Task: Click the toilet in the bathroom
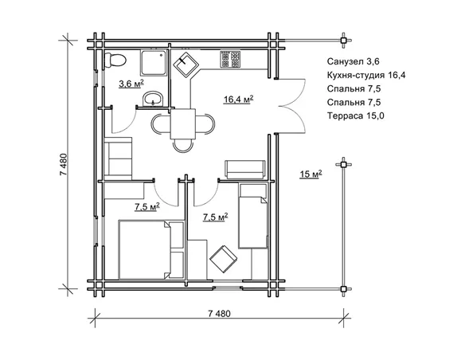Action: [115, 61]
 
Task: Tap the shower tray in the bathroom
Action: [153, 63]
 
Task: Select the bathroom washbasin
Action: [153, 99]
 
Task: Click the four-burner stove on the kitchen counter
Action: [230, 59]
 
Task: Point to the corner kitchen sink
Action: [186, 65]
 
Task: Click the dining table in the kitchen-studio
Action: [183, 124]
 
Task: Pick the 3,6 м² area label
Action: [131, 84]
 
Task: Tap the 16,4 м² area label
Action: [238, 99]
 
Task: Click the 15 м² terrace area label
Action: [311, 174]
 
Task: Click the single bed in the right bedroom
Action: [253, 216]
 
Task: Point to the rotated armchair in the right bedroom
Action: [223, 259]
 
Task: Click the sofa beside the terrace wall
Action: [245, 170]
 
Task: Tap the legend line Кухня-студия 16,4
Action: [366, 75]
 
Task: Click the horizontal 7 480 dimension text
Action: [219, 314]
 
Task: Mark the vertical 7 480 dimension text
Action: [64, 165]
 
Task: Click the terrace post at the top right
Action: [343, 41]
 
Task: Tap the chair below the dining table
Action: [183, 146]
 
